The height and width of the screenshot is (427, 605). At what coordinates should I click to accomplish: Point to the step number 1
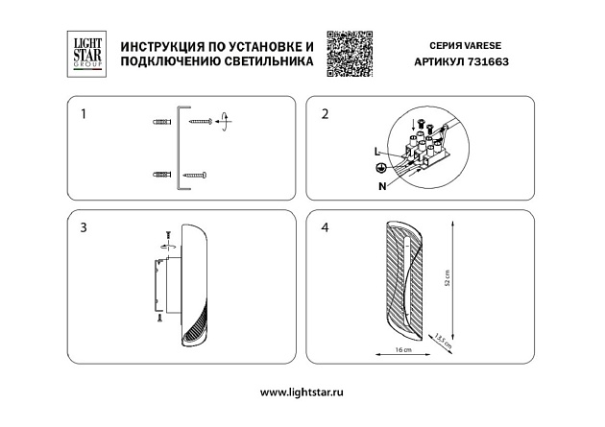pyautogui.click(x=84, y=114)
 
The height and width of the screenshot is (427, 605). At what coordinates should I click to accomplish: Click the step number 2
pyautogui.click(x=325, y=114)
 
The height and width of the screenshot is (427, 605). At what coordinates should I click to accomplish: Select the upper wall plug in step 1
pyautogui.click(x=162, y=123)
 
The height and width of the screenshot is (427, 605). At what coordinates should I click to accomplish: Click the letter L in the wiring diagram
pyautogui.click(x=375, y=152)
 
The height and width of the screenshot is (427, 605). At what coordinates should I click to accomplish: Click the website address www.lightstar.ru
pyautogui.click(x=302, y=392)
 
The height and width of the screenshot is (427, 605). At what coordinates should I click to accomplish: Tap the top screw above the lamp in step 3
pyautogui.click(x=169, y=234)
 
